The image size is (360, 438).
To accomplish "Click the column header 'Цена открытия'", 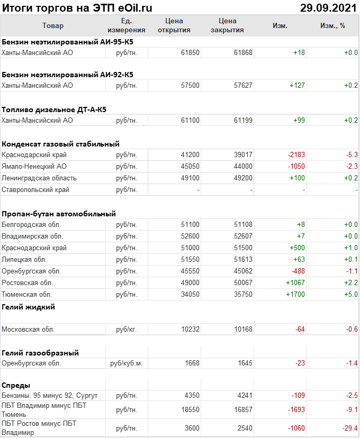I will [174, 25].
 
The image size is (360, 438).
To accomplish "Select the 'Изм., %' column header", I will [332, 25].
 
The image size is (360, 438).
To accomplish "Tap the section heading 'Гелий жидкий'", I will [29, 307].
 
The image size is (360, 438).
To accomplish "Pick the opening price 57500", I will [190, 85].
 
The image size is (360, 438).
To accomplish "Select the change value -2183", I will [296, 155].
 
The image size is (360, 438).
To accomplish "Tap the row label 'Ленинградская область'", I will [39, 178].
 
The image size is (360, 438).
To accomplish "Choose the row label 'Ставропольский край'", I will [35, 190].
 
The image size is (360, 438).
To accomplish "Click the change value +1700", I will [295, 295].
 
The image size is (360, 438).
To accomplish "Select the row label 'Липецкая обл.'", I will [24, 260].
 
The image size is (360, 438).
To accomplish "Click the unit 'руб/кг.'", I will [127, 330].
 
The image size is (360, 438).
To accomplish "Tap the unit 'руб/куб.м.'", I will [127, 363].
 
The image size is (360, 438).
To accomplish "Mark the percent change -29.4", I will [349, 428].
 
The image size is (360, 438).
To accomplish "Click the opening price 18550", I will [190, 410].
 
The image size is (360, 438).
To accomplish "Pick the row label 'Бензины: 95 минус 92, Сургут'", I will [50, 396].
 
